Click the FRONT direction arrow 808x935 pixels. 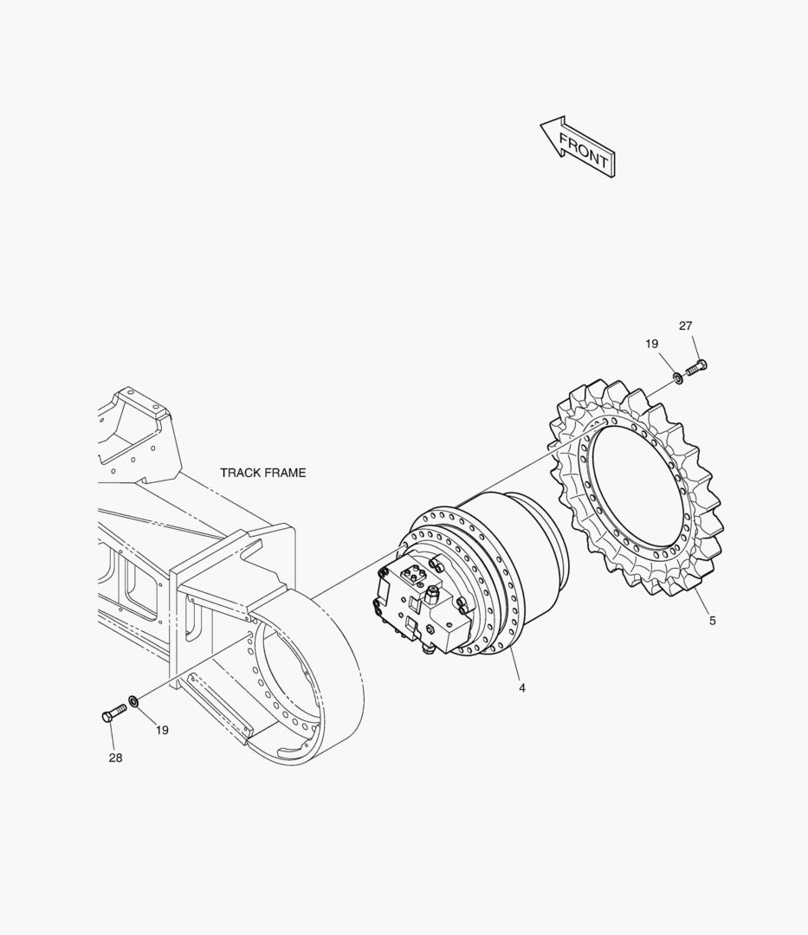tap(579, 147)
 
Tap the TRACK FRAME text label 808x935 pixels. tap(263, 473)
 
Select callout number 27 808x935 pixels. tap(686, 326)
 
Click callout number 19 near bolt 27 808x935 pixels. tap(652, 344)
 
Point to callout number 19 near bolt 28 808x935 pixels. tap(162, 730)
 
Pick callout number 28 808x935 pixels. tap(116, 758)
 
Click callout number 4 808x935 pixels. tap(522, 688)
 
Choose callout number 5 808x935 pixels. tap(713, 621)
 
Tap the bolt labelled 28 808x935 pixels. tap(114, 713)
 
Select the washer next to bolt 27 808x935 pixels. tap(678, 377)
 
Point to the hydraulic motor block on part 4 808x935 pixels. tap(420, 605)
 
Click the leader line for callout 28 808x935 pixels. tap(112, 737)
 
